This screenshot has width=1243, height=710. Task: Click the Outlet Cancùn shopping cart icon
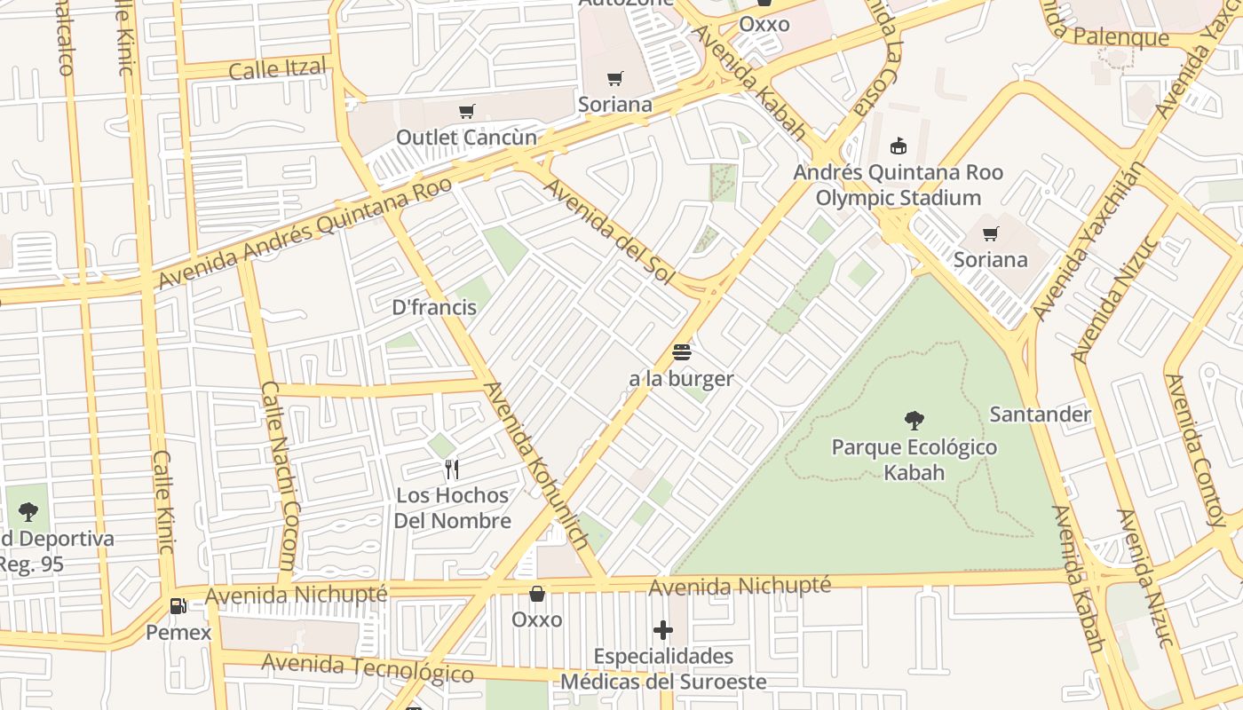[x=466, y=112]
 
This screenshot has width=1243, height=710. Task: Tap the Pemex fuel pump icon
[x=178, y=606]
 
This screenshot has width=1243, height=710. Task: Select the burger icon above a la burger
[x=681, y=352]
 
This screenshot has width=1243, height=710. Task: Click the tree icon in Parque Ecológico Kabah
[x=914, y=421]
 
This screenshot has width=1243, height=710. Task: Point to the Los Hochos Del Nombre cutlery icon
[x=452, y=469]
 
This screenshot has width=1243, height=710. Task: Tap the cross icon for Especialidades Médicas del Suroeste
[x=663, y=631]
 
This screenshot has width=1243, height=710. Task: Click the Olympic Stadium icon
[x=898, y=146]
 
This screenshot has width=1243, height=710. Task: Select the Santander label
[x=1040, y=414]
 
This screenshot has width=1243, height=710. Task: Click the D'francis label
[x=434, y=308]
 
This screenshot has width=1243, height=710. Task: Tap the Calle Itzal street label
[x=277, y=68]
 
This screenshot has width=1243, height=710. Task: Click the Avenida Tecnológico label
[x=367, y=667]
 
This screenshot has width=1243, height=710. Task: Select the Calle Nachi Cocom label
[x=280, y=476]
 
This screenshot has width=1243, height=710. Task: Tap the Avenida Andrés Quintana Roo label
[x=305, y=233]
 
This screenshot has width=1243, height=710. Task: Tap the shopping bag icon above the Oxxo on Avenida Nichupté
[x=536, y=593]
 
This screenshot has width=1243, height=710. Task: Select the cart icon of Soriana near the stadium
[x=990, y=233]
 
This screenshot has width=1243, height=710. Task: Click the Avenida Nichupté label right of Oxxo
[x=739, y=586]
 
